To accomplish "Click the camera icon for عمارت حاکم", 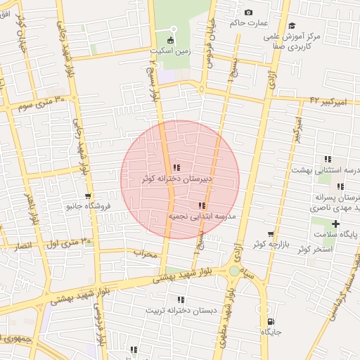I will point(248,12).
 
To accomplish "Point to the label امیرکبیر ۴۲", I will point(328,102).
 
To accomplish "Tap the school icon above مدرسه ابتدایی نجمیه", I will point(202,205).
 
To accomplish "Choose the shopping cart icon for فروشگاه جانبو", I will point(88,196).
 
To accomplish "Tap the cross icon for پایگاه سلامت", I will point(335,224).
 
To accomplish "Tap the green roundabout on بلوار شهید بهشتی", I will point(234,271).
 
